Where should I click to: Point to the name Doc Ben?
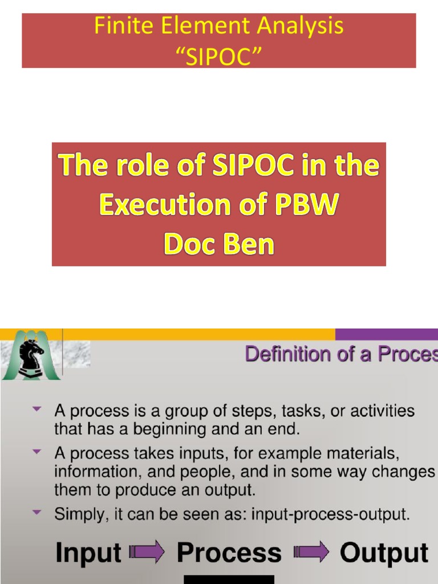click(x=219, y=244)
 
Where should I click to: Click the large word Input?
click(x=88, y=553)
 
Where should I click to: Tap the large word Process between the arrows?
click(x=229, y=553)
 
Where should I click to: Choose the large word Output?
click(x=384, y=553)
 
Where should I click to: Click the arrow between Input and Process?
click(x=147, y=552)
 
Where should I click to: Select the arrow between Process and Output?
click(x=311, y=552)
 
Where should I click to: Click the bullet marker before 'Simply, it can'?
click(x=38, y=513)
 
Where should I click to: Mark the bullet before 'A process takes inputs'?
click(x=38, y=452)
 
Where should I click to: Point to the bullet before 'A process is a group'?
click(x=38, y=409)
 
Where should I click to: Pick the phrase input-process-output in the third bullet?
click(x=330, y=514)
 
